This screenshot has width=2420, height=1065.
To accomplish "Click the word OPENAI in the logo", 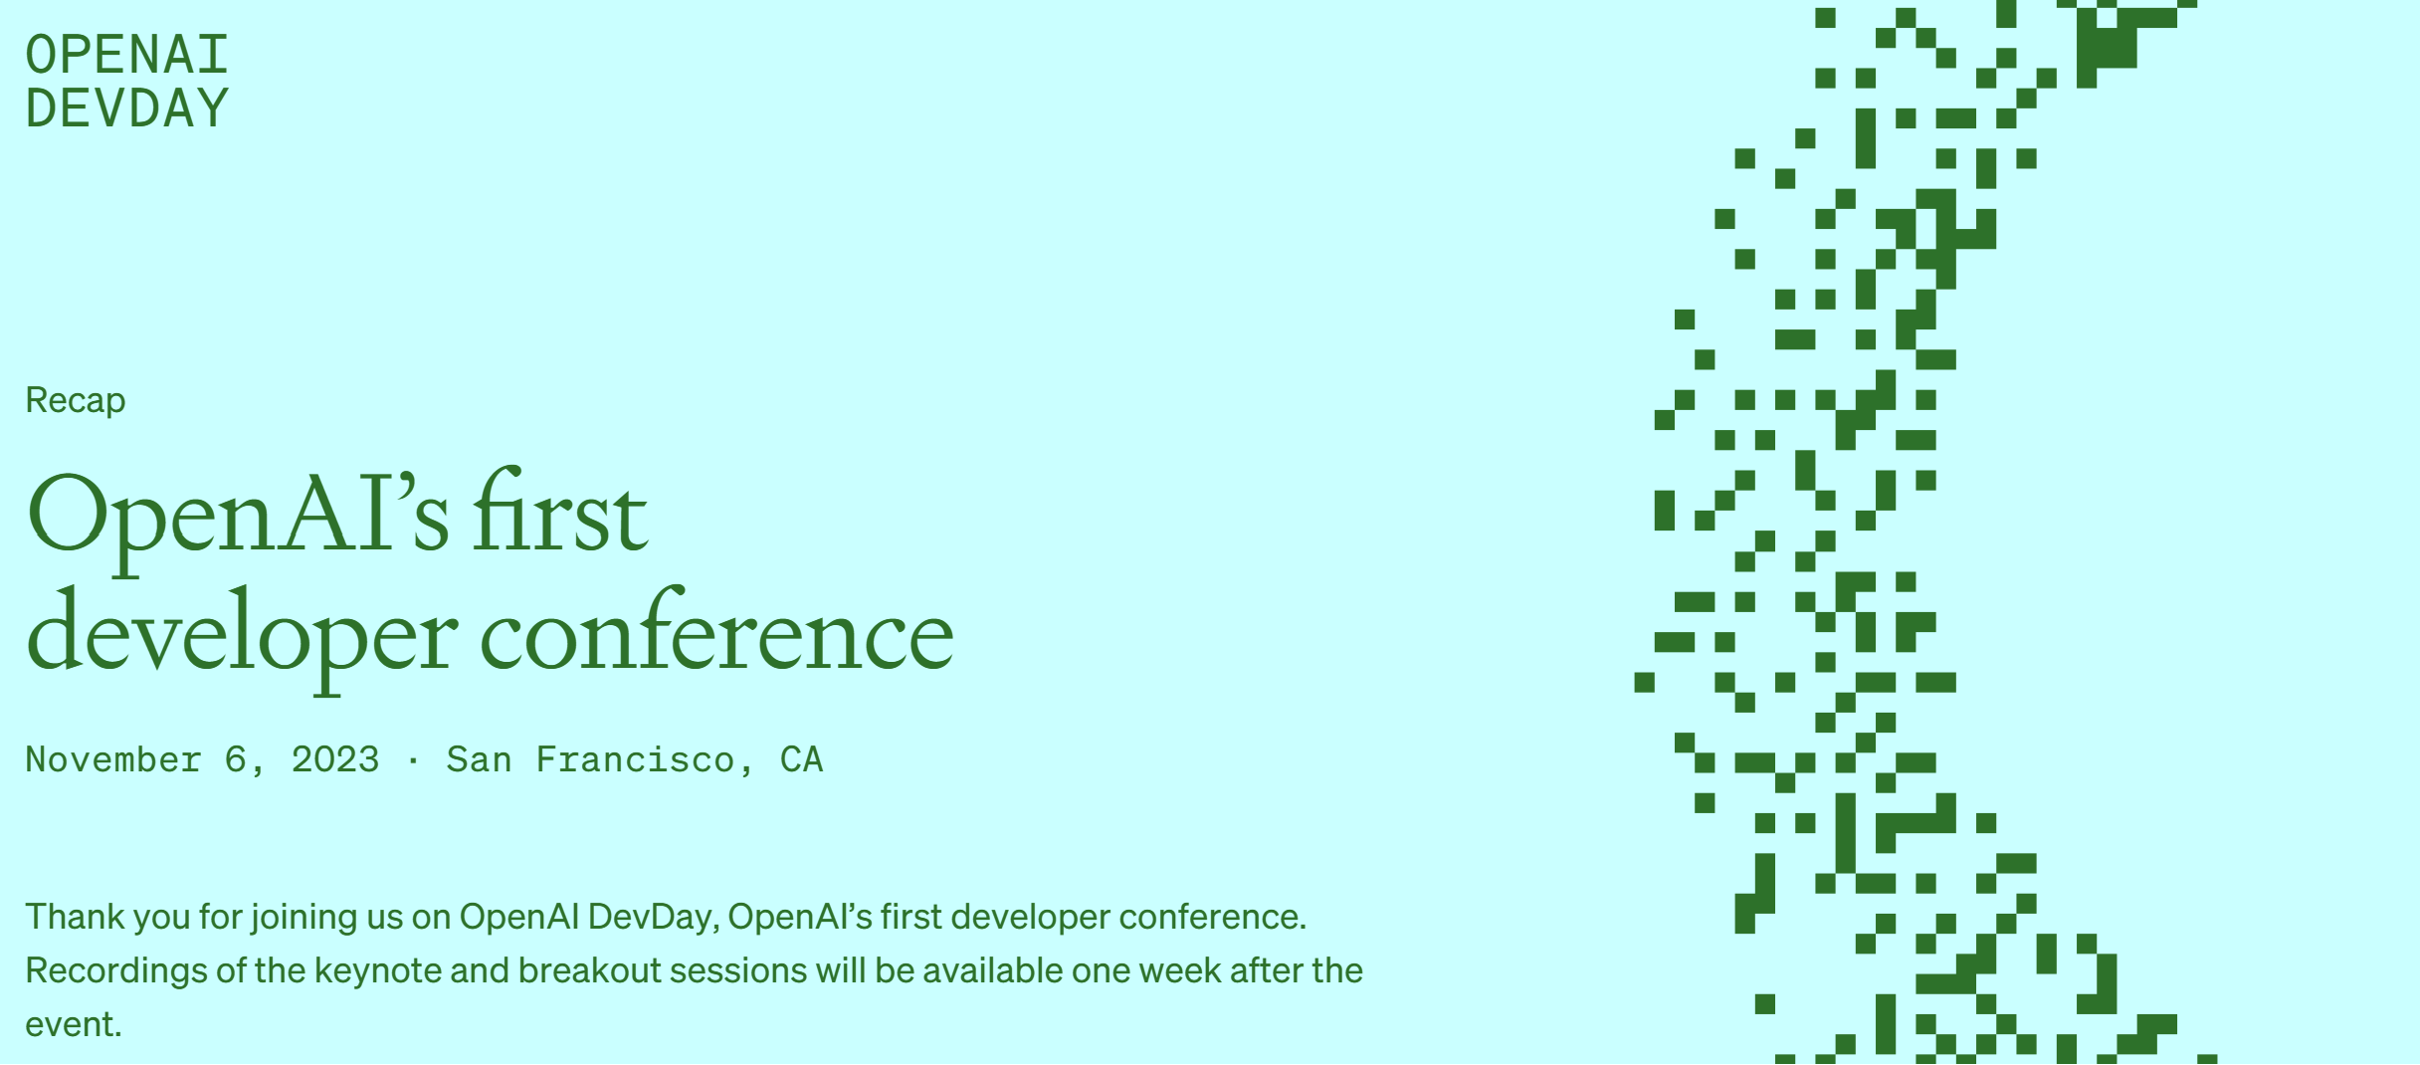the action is pyautogui.click(x=127, y=55).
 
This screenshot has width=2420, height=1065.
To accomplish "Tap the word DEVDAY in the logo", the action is pyautogui.click(x=127, y=108).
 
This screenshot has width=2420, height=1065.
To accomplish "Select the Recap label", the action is pyautogui.click(x=76, y=400).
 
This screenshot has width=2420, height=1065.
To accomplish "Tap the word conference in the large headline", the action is pyautogui.click(x=717, y=629).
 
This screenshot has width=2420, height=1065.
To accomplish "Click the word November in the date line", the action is pyautogui.click(x=113, y=760).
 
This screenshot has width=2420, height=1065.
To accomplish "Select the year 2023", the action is pyautogui.click(x=335, y=760).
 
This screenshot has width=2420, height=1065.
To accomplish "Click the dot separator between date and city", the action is pyautogui.click(x=413, y=761).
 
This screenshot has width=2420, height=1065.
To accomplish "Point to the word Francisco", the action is pyautogui.click(x=635, y=760).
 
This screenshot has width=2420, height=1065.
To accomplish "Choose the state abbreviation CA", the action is pyautogui.click(x=802, y=760).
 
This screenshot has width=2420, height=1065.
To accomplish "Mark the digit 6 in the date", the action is pyautogui.click(x=235, y=760).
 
